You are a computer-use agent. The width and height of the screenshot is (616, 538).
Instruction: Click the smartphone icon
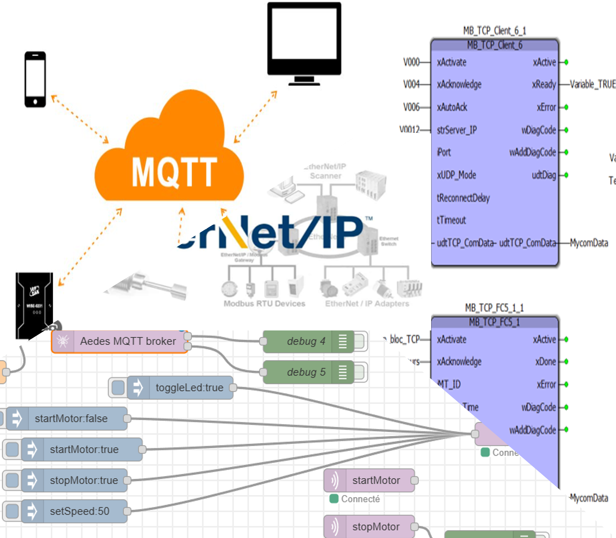point(35,79)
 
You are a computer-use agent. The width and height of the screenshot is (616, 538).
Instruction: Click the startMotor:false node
point(71,418)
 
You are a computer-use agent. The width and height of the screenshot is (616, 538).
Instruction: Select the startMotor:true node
point(84,450)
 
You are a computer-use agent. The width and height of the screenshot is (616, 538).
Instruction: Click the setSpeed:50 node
point(79,511)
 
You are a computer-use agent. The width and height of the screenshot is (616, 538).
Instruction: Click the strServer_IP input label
point(457,130)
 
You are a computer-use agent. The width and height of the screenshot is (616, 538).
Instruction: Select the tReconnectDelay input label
point(463,198)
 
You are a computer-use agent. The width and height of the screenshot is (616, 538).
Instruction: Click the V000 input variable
point(411,62)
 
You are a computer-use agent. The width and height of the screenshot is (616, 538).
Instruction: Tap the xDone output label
point(545,362)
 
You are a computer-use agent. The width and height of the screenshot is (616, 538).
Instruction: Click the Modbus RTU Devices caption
point(264,303)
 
